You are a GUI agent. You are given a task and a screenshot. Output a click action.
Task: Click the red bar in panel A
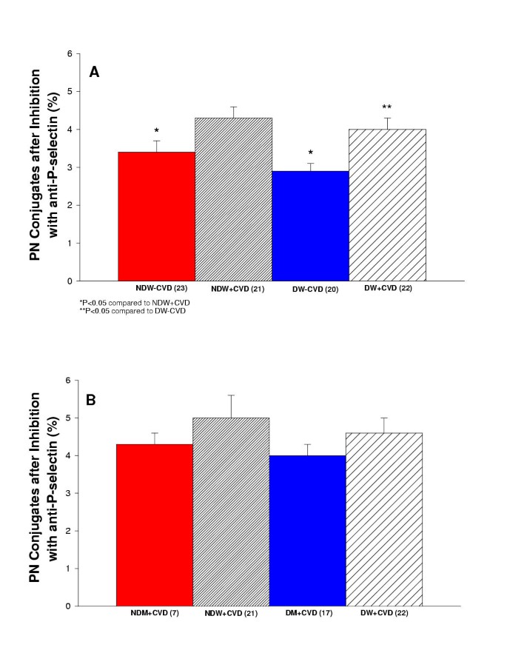click(x=156, y=216)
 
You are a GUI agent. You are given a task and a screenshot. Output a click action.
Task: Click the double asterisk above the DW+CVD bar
click(x=387, y=107)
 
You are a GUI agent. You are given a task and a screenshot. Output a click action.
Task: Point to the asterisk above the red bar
click(x=156, y=130)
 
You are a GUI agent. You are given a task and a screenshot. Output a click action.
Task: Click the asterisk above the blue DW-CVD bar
click(x=310, y=150)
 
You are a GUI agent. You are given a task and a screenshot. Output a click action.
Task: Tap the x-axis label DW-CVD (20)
click(x=311, y=289)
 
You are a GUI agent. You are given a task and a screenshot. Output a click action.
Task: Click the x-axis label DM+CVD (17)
click(x=309, y=613)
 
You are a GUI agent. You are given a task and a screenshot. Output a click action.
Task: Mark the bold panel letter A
click(x=94, y=72)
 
